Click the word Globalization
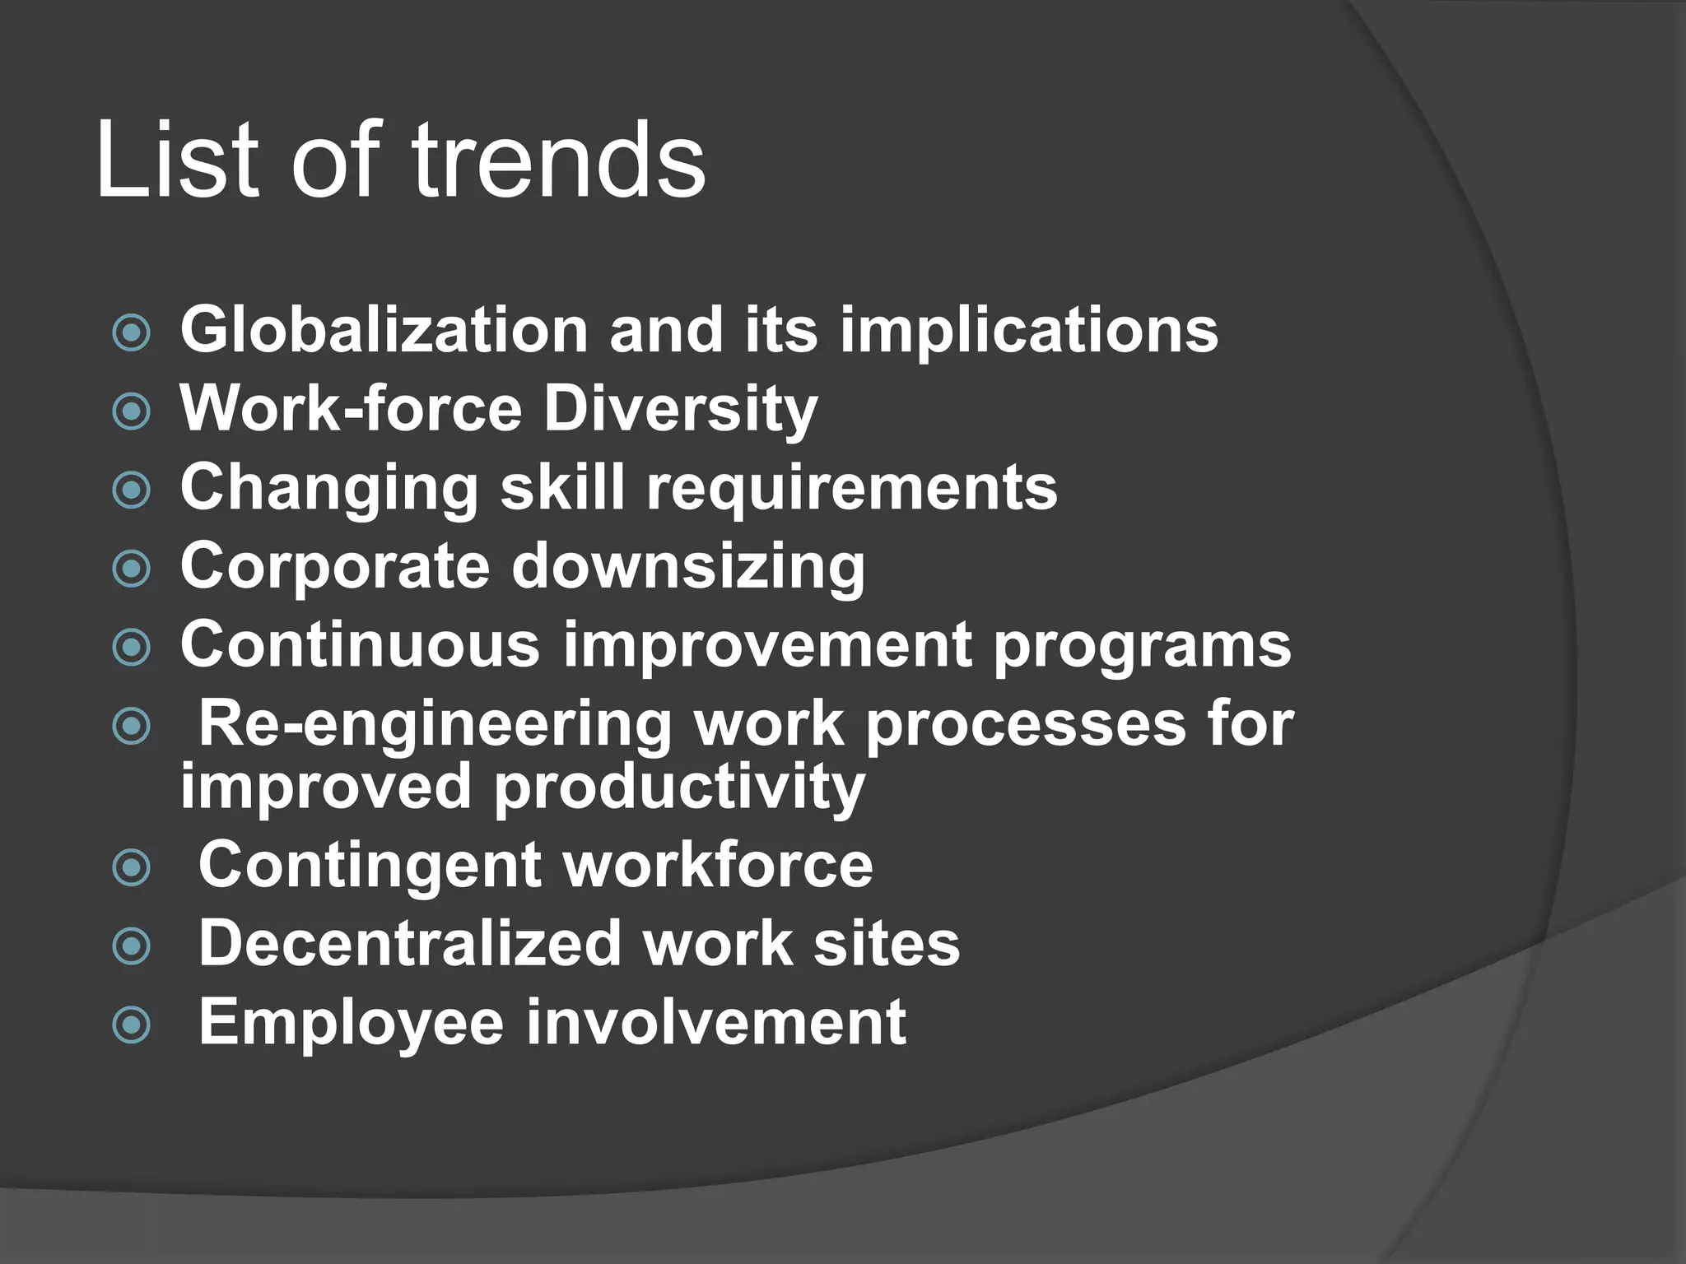[x=384, y=330]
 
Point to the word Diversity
[x=681, y=409]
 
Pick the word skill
[x=562, y=487]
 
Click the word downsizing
[x=688, y=566]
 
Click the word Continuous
[x=360, y=644]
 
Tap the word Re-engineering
[x=435, y=724]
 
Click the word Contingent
[x=369, y=865]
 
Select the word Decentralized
[x=409, y=943]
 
